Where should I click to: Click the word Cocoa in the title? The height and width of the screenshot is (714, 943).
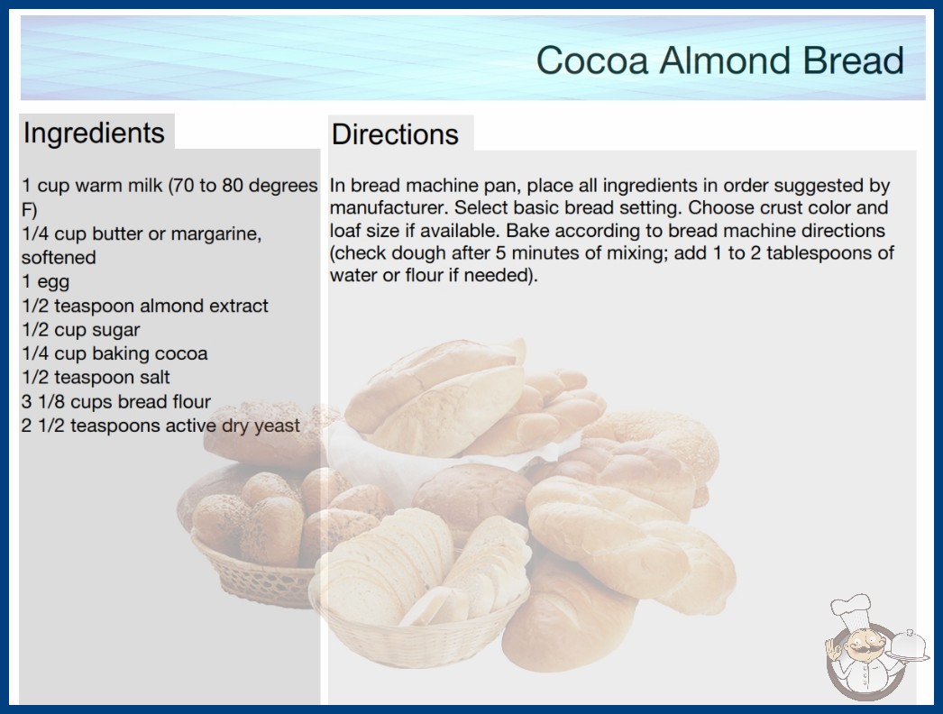click(x=591, y=60)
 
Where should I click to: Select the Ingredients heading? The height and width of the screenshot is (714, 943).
click(x=94, y=133)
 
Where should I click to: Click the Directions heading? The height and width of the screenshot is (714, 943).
click(x=395, y=134)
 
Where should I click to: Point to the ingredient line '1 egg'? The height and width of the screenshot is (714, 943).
click(x=46, y=281)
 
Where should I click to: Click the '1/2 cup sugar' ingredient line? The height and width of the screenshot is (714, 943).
click(x=80, y=330)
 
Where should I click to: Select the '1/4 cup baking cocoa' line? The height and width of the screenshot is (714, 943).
click(x=114, y=353)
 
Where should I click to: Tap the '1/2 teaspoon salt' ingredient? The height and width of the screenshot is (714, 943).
click(x=96, y=377)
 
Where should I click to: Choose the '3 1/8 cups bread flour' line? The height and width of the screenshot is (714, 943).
click(x=116, y=401)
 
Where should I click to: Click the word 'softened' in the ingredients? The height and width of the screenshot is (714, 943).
click(x=59, y=258)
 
